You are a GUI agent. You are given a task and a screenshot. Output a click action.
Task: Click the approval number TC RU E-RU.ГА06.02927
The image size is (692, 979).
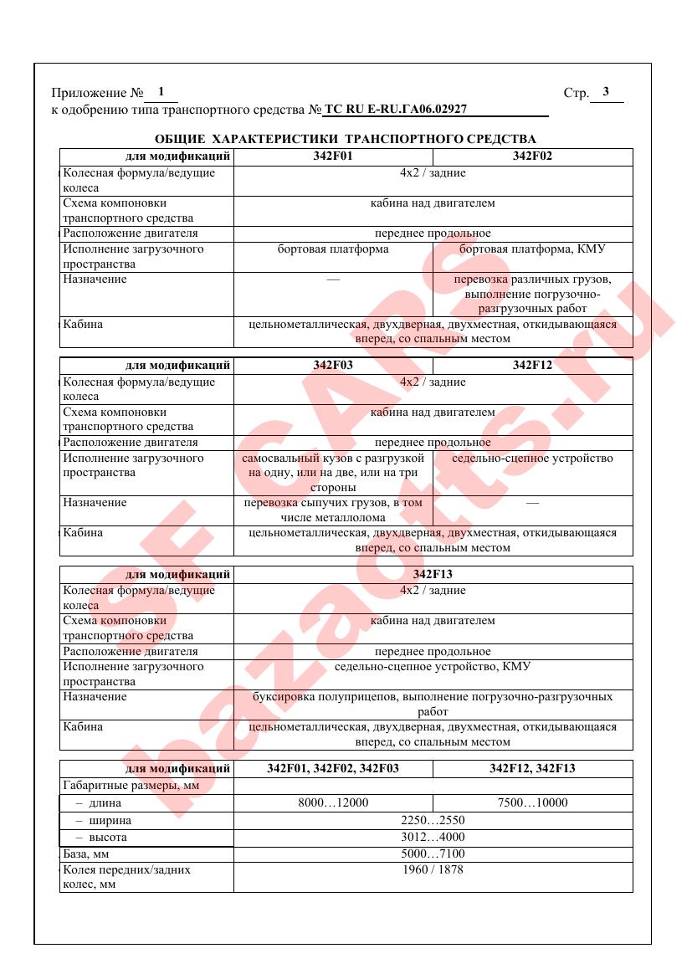coord(395,109)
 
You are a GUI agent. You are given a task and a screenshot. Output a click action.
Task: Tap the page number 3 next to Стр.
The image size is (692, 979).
coord(605,92)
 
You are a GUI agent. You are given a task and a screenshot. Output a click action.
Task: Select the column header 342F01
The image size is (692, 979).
coord(333,156)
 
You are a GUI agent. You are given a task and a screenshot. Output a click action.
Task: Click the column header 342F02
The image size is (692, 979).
coord(532,156)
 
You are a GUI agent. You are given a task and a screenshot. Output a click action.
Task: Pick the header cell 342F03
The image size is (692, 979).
coord(333,365)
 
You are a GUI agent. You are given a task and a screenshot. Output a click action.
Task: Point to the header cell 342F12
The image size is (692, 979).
coord(532,365)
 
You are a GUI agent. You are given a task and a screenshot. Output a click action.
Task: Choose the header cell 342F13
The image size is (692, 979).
coord(433,575)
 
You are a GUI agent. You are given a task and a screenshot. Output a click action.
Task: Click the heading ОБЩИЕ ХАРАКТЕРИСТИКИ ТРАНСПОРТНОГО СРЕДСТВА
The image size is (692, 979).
coord(346,138)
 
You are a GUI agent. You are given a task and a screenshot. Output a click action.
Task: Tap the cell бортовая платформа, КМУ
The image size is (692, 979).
coord(532,249)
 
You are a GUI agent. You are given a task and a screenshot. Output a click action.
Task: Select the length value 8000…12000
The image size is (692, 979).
coord(333,802)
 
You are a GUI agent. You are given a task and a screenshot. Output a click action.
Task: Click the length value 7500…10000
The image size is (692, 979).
coord(532,802)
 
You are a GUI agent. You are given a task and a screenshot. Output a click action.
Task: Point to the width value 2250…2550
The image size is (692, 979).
coord(433,820)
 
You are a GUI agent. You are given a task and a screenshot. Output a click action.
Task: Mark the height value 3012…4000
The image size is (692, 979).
coord(433,837)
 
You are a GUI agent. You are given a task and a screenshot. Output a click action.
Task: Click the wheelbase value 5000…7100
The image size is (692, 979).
coord(433,853)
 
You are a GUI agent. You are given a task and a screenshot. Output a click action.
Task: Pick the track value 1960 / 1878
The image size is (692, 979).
coord(433,869)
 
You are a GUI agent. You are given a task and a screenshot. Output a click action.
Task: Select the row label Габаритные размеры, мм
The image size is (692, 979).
coord(121,785)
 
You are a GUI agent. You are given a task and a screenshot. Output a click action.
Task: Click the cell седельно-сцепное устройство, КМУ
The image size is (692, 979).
coord(433,667)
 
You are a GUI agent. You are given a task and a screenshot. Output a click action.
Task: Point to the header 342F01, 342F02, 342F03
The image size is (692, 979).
coord(333,768)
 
